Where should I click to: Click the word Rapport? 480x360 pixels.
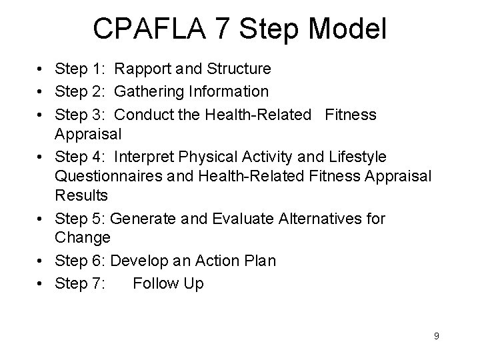click(x=142, y=68)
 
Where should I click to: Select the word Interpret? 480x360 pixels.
click(x=144, y=156)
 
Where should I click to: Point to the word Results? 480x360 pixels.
click(x=82, y=197)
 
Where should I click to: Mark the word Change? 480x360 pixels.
click(x=83, y=237)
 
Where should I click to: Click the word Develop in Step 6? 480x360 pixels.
click(x=137, y=261)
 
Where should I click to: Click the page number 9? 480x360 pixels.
click(x=436, y=336)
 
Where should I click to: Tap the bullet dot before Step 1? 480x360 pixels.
click(x=41, y=69)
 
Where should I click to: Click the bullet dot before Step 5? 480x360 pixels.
click(x=41, y=219)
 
